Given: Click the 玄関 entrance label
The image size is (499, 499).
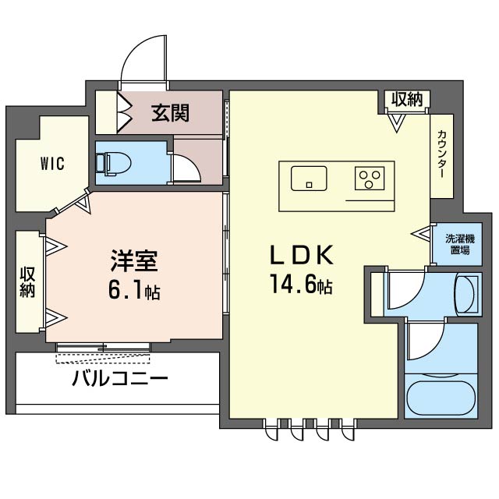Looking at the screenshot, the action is click(170, 113).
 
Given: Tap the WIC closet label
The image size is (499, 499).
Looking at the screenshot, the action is click(52, 164).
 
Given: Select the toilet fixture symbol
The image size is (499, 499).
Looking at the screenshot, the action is click(114, 164).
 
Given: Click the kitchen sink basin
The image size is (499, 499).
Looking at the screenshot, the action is click(309, 179).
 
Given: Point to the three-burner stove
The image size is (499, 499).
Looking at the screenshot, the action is click(370, 179).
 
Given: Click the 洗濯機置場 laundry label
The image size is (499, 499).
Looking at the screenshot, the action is click(460, 244).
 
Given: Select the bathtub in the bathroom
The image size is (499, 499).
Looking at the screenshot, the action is click(441, 398).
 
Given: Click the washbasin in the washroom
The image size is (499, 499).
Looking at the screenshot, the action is click(465, 295).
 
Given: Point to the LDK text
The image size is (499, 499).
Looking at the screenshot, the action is click(302, 255).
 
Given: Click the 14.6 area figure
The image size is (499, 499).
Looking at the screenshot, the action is click(294, 284).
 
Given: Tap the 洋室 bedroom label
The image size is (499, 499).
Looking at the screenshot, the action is click(134, 260).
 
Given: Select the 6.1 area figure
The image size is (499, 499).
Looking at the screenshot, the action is click(125, 290).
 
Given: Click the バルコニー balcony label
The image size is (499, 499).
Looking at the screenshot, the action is click(120, 378).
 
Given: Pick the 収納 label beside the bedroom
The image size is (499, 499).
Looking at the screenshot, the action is click(28, 282).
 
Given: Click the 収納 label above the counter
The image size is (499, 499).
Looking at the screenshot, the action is click(407, 99).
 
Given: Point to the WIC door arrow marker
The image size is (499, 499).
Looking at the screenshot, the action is click(85, 202).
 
